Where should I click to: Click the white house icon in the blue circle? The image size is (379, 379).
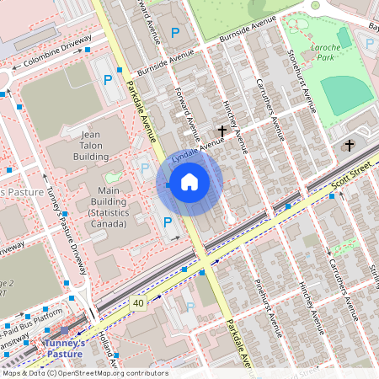coord(189,182)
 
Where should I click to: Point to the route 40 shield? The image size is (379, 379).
coord(138,302)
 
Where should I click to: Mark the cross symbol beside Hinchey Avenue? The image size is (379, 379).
coord(222,131)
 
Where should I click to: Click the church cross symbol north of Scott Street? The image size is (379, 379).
coord(348,146)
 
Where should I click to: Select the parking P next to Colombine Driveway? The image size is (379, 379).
coord(108,81)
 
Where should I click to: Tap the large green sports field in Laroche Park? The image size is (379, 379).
coord(345,95)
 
